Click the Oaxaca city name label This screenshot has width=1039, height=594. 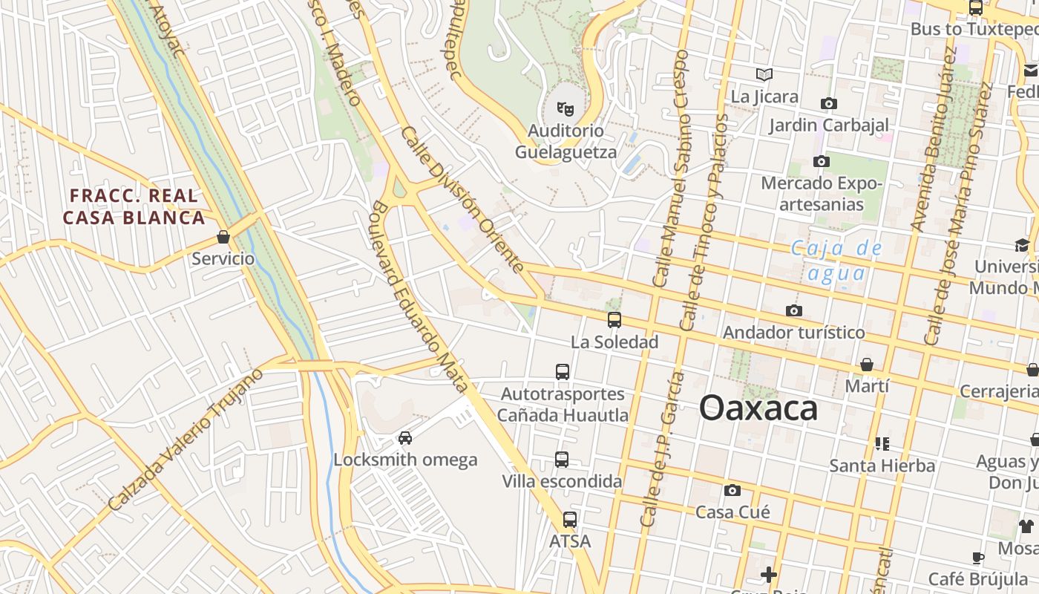tap(758, 408)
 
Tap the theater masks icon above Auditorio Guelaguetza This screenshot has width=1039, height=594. tap(566, 109)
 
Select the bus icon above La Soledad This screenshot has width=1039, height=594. tap(614, 320)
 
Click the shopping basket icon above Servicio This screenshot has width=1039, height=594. tap(223, 237)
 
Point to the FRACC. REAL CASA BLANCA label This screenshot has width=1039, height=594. tap(134, 206)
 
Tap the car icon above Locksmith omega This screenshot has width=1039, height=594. tap(405, 437)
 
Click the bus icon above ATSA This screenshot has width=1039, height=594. tap(569, 520)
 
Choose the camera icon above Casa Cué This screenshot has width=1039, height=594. tap(732, 490)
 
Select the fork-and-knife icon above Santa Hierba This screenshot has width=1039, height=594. tap(882, 444)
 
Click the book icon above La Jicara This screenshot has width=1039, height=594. tap(764, 74)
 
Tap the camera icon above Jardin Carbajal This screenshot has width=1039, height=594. tap(828, 103)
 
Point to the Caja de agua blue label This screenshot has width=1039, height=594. tap(836, 260)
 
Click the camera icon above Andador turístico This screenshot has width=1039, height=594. tap(794, 310)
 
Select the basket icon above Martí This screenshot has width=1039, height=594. tap(867, 365)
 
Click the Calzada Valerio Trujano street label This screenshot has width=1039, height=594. tap(185, 440)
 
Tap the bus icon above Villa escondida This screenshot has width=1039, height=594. tap(562, 460)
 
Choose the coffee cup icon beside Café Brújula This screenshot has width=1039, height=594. tap(978, 558)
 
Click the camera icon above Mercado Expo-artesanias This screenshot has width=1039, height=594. tap(821, 161)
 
